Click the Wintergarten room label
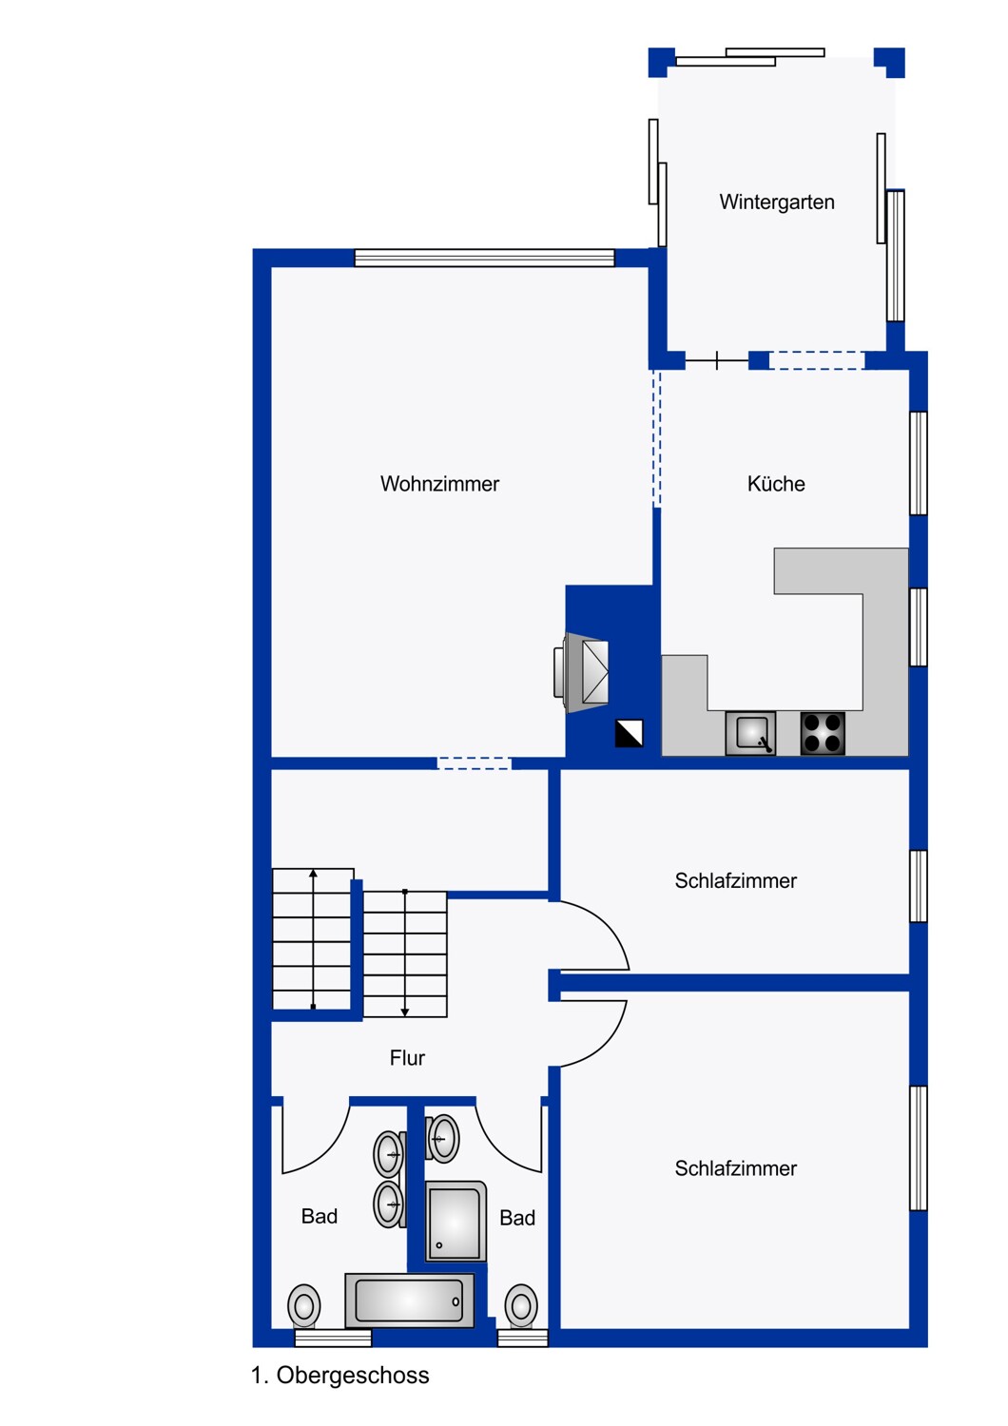pos(776,202)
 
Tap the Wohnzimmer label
pos(439,484)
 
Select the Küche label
pos(776,484)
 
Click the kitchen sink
pos(750,733)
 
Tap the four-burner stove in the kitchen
pos(822,733)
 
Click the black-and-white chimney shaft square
pos(629,733)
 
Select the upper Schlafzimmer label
pos(735,880)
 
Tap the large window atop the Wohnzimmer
pos(484,258)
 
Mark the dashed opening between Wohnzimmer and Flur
pos(474,763)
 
